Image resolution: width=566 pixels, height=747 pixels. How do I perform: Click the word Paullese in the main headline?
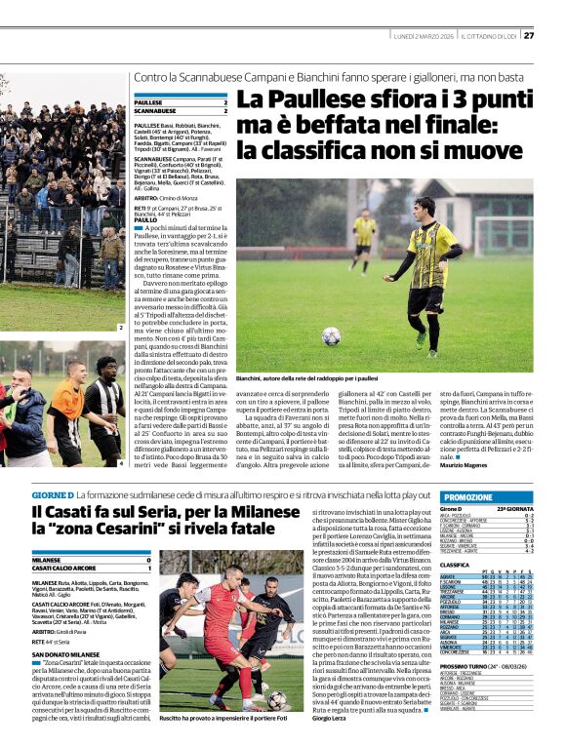coord(289,98)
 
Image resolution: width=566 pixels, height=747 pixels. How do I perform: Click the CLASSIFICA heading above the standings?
coord(456,565)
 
